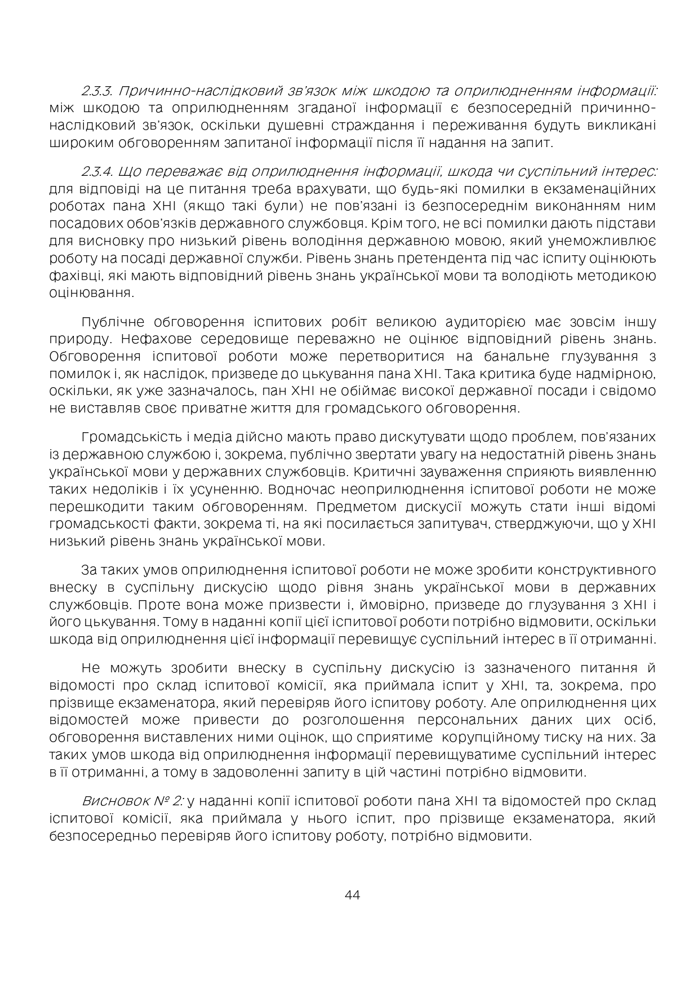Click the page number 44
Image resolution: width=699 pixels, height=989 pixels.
point(352,895)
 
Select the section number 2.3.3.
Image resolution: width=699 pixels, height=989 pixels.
point(98,91)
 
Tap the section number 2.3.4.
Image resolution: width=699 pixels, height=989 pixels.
point(98,171)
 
